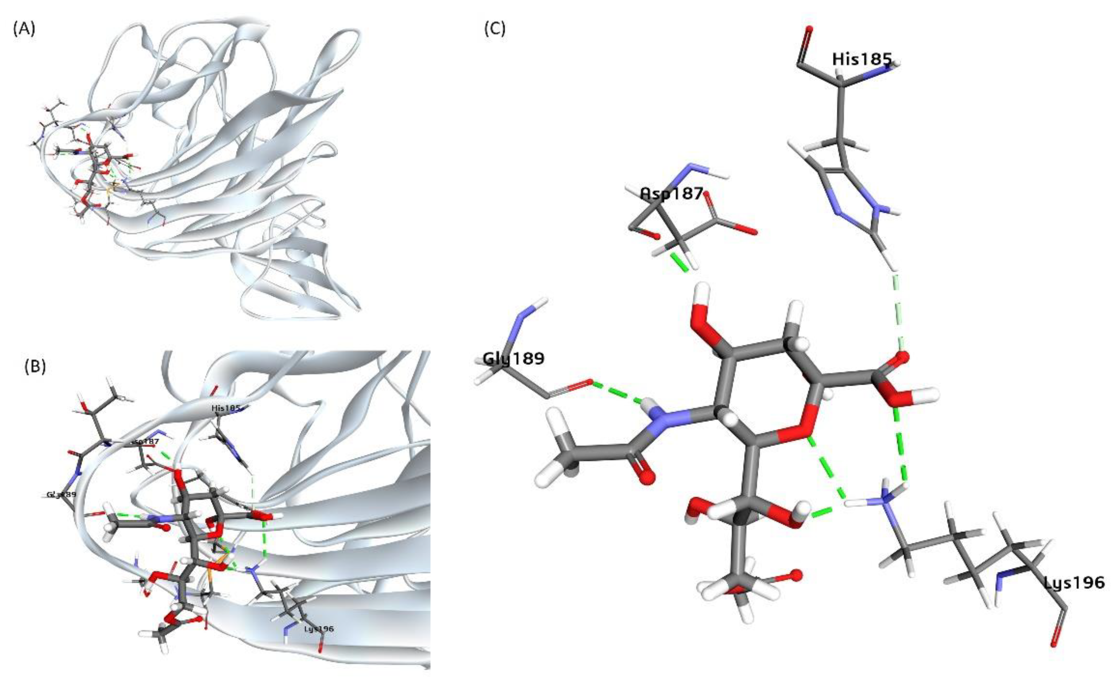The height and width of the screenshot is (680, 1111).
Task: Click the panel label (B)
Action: point(35,367)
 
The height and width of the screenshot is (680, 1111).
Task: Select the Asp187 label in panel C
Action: point(671,194)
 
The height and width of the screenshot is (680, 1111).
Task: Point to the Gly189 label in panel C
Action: point(513,358)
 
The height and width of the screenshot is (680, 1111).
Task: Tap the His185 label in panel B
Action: point(226,408)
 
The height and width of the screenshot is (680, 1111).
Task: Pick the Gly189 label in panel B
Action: point(61,495)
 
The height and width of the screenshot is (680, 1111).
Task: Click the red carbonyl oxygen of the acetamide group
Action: point(646,477)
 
